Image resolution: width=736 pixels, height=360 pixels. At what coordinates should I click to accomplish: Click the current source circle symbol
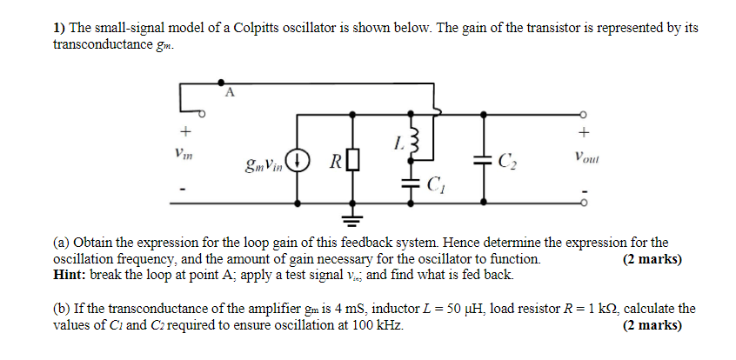298,160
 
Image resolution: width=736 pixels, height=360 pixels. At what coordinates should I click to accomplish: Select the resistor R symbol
353,161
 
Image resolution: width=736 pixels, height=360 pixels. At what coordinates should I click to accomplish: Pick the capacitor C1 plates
411,183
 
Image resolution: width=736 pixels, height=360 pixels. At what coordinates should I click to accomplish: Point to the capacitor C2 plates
483,161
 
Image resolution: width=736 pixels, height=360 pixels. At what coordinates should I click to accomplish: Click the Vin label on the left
184,154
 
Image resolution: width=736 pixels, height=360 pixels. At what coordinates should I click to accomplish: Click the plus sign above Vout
585,133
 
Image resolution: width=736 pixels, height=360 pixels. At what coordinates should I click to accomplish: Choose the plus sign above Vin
184,132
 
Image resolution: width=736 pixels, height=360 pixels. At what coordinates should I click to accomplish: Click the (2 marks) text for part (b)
652,326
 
